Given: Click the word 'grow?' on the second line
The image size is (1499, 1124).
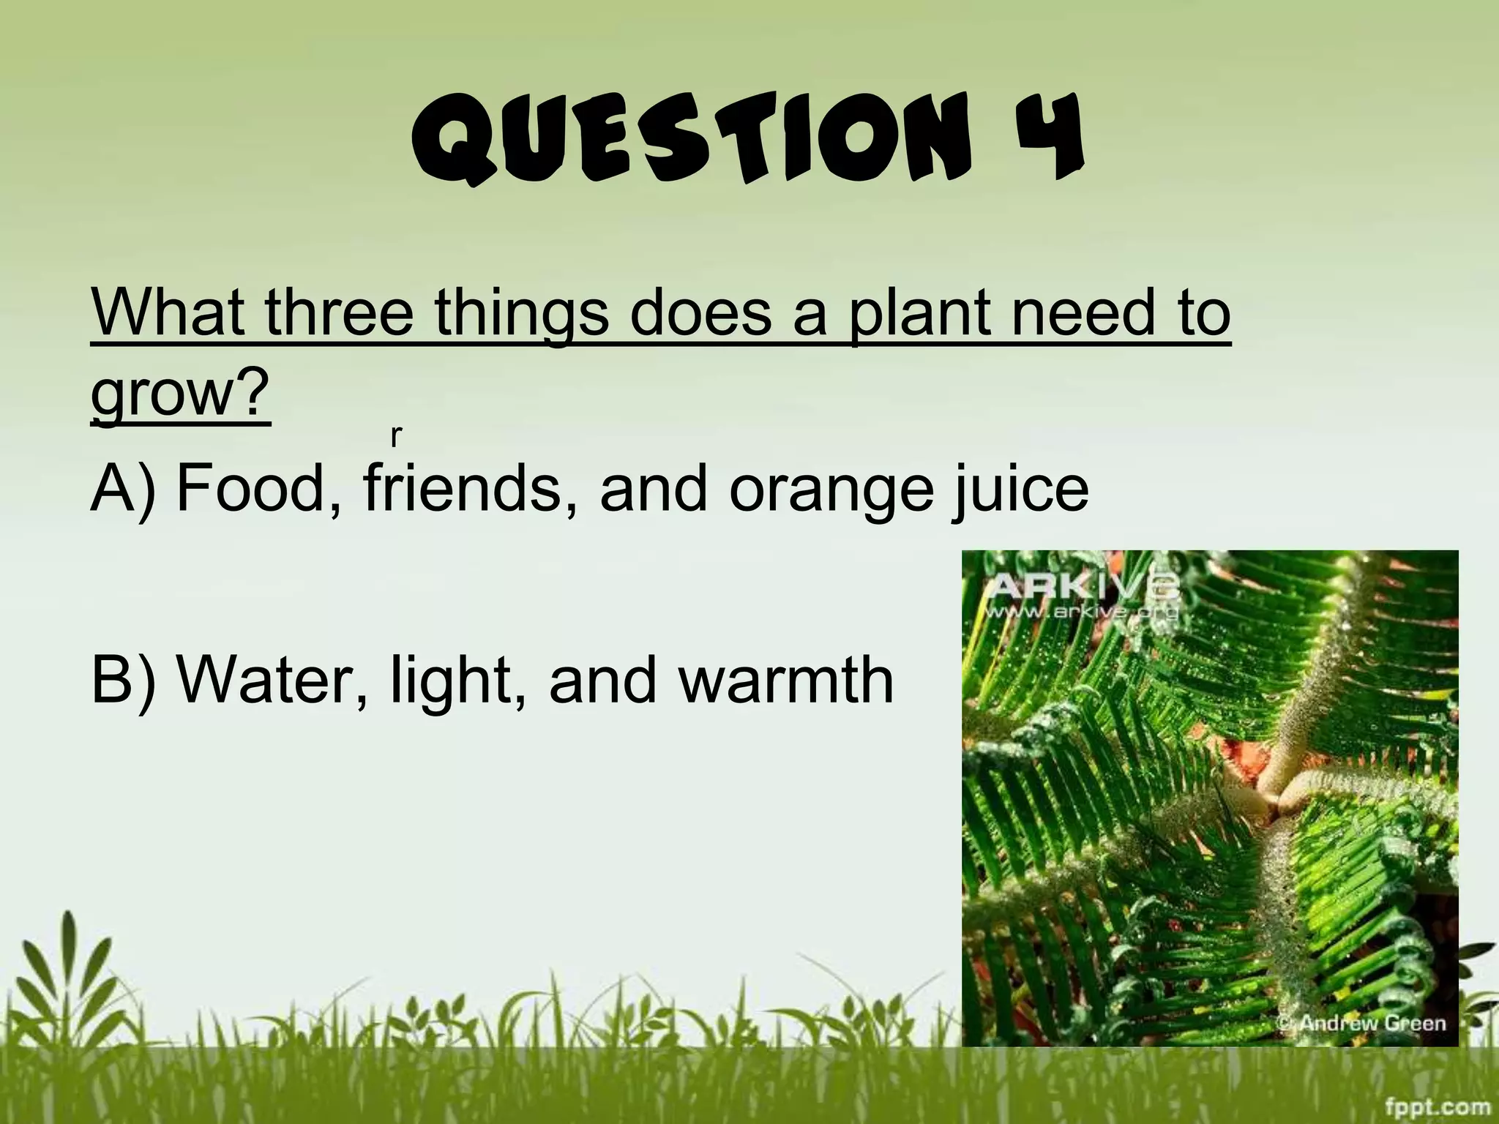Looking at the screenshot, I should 180,394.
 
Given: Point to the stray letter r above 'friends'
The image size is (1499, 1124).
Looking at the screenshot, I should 396,436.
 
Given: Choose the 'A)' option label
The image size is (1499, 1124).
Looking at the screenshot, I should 124,489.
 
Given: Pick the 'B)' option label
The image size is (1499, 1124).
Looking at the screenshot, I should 124,681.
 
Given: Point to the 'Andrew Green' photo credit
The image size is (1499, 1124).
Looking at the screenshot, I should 1370,1022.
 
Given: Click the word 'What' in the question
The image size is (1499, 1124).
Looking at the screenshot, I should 168,312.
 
